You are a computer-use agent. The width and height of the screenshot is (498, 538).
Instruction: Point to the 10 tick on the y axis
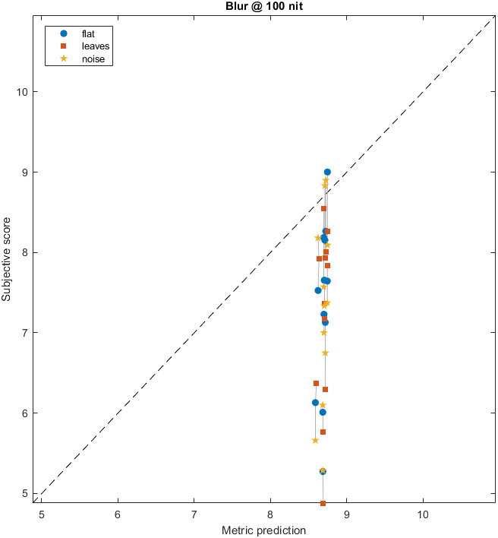coord(24,92)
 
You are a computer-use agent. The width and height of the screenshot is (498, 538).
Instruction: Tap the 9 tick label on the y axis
coord(27,172)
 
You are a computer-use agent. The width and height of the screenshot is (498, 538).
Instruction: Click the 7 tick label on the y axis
coord(27,333)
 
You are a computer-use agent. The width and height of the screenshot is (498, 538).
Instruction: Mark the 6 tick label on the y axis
coord(27,413)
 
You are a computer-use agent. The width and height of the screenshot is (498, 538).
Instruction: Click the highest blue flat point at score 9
coord(327,172)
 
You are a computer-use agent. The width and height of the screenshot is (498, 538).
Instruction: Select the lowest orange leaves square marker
coord(323,503)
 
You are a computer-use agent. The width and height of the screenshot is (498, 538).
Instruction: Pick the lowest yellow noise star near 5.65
coord(315,441)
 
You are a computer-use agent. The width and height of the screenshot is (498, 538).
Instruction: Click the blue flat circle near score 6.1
coord(315,403)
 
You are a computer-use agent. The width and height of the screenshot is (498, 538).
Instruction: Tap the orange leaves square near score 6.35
coord(316,384)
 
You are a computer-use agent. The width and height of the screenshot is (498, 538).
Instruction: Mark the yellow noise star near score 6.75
coord(325,353)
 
